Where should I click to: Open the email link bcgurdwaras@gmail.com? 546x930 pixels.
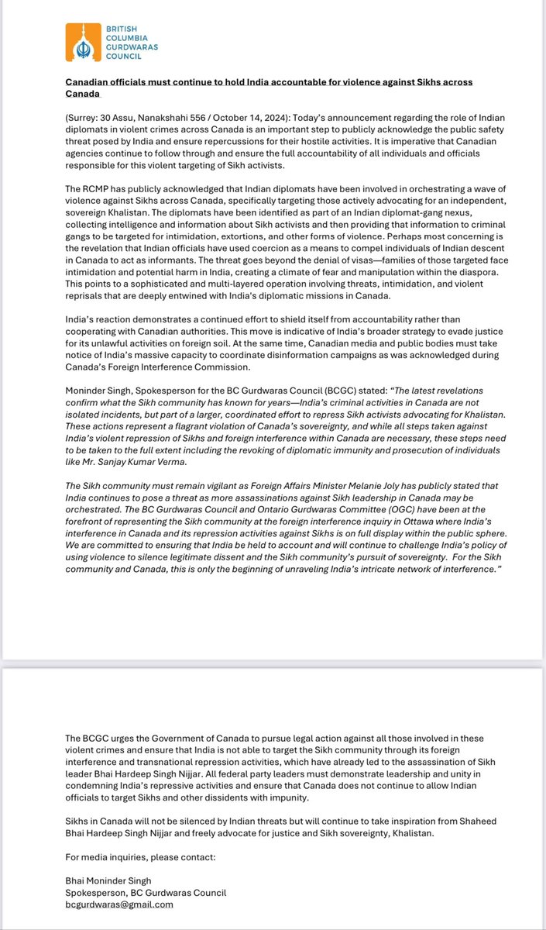(119, 904)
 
